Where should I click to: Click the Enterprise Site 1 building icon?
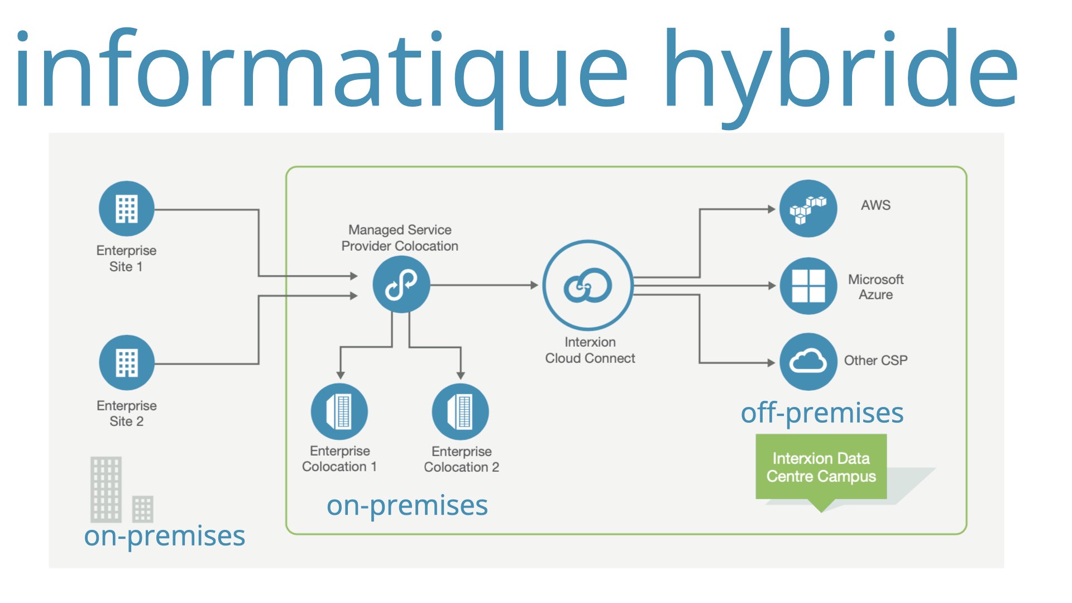(127, 209)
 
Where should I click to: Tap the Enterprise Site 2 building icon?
(127, 362)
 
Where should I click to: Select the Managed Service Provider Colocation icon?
(401, 284)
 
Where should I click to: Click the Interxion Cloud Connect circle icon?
(588, 285)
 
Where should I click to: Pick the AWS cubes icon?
(808, 208)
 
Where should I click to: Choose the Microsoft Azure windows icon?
(808, 285)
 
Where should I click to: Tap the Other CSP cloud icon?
(808, 361)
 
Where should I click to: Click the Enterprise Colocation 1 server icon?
(339, 411)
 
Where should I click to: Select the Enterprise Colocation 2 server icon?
(461, 411)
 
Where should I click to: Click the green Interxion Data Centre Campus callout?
(821, 467)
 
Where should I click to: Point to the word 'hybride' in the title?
(840, 70)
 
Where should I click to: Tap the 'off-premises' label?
(822, 414)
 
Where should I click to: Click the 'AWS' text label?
(875, 205)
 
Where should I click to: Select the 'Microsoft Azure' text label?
(875, 287)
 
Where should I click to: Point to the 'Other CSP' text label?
(875, 361)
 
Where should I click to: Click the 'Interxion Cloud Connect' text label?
(590, 350)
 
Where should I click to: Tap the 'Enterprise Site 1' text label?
(126, 259)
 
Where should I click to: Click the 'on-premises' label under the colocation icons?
(407, 506)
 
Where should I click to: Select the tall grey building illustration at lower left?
(106, 489)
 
